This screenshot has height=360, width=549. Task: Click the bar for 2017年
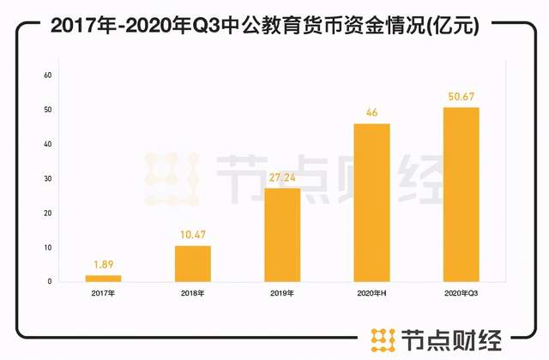[103, 278]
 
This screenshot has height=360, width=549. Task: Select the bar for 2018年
[193, 263]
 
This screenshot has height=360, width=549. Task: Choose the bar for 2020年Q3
[461, 195]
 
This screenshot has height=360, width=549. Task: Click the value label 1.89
[103, 265]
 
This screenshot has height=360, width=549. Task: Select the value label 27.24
[282, 178]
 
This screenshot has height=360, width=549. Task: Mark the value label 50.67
[461, 97]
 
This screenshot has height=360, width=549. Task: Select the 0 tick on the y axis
[51, 281]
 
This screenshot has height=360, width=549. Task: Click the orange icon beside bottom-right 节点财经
[379, 339]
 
